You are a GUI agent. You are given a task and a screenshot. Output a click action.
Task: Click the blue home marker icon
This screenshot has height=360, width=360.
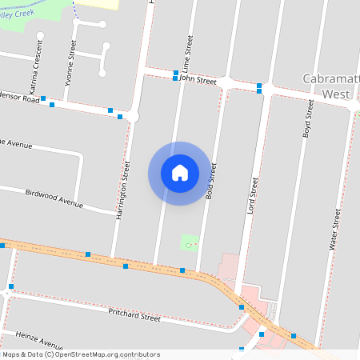[x=180, y=172]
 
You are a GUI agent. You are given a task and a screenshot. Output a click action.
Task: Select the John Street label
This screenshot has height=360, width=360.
[x=198, y=80]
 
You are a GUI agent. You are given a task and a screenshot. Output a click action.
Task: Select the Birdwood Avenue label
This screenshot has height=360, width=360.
[x=54, y=198]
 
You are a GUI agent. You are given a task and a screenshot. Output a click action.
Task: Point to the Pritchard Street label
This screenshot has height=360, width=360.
[x=134, y=312]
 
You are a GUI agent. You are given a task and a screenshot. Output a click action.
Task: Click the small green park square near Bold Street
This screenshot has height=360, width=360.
[x=189, y=242]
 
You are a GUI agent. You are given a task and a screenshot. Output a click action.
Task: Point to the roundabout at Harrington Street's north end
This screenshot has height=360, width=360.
[x=134, y=117]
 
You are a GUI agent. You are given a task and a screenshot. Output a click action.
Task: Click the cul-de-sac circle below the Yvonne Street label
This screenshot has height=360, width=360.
[x=102, y=74]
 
